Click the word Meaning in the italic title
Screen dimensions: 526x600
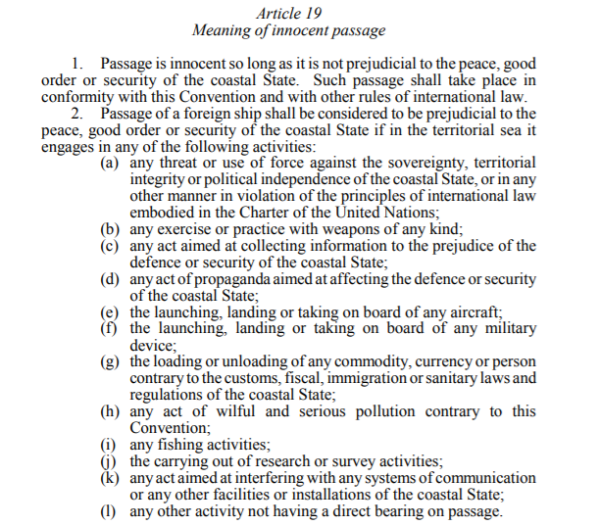224,30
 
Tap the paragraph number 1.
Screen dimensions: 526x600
81,63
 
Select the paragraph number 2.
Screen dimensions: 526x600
81,114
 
